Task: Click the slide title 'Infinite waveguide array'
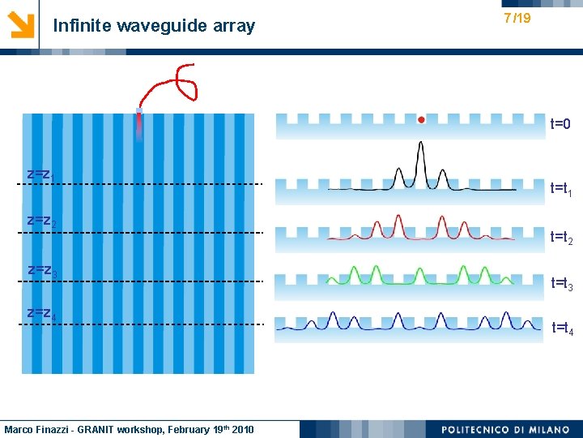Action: pos(154,26)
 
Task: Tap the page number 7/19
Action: pos(517,18)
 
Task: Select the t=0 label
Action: pos(561,125)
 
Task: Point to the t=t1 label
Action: pos(562,189)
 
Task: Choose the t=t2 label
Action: pos(562,238)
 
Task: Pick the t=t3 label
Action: pos(562,284)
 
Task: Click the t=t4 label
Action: pos(562,328)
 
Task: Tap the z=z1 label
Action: pos(40,174)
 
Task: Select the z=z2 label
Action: pos(40,221)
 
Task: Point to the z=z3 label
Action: pos(40,268)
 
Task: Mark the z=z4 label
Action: pos(40,313)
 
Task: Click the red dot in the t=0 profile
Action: pos(421,120)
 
